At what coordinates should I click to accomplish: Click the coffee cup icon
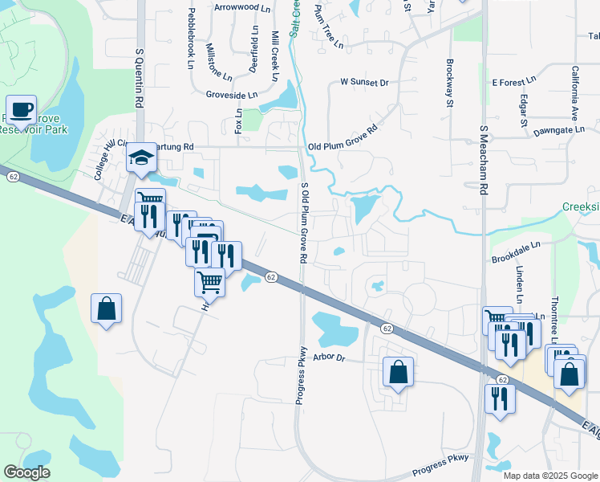click(22, 109)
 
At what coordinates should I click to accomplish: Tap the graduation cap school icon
click(141, 157)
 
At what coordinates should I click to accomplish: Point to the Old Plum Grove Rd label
click(343, 137)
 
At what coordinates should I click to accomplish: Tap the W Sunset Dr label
click(364, 82)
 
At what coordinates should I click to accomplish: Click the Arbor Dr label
click(329, 357)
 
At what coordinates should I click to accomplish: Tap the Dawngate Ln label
click(558, 129)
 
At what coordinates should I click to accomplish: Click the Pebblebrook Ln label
click(191, 38)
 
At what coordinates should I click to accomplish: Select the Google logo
click(26, 472)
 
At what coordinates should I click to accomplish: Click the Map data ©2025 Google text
click(550, 476)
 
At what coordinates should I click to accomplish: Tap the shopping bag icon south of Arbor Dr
click(398, 372)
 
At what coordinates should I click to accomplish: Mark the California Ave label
click(575, 88)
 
